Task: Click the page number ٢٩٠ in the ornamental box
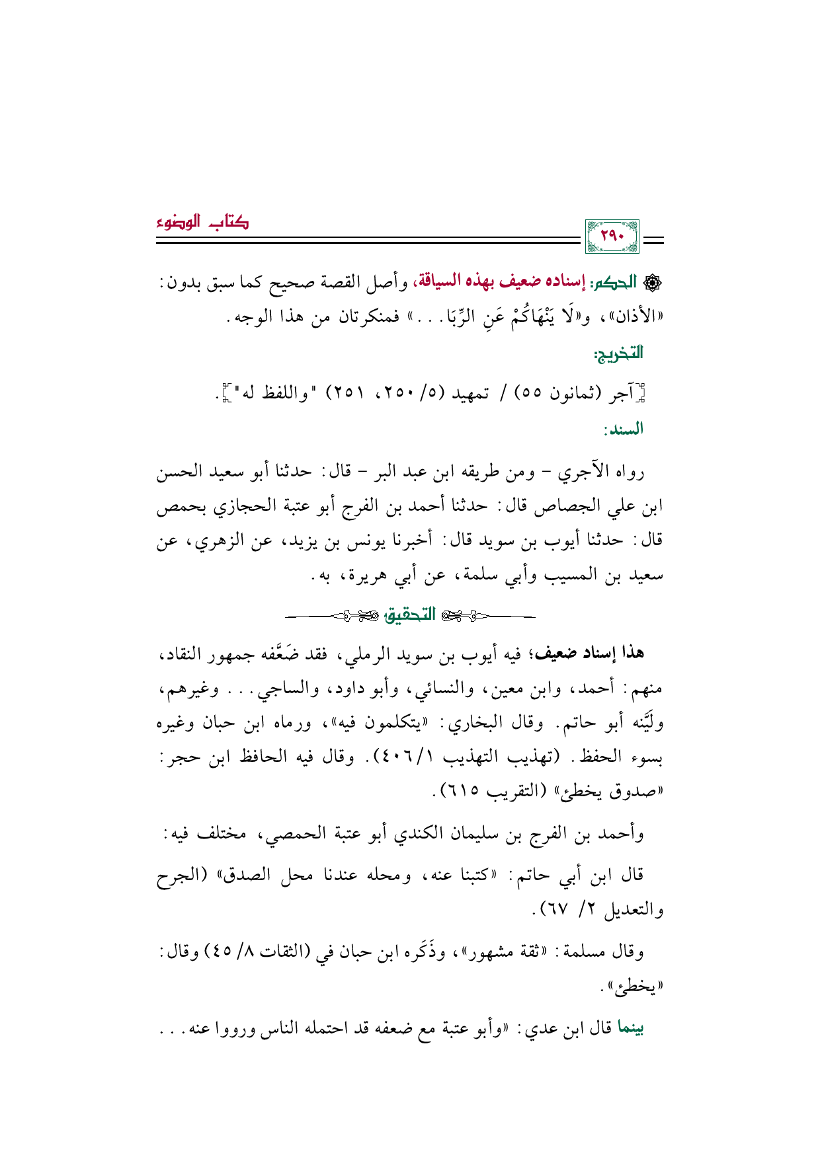pos(612,237)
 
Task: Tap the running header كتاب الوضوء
pos(202,221)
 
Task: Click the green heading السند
pos(624,430)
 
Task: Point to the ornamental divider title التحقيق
pos(411,615)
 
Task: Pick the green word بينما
pos(630,1028)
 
